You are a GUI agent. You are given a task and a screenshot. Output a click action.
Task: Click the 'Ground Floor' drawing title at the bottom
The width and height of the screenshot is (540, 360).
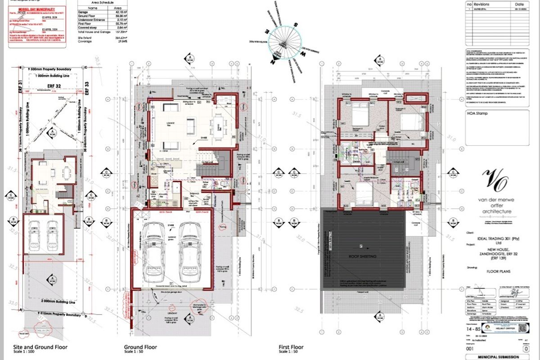pyautogui.click(x=140, y=347)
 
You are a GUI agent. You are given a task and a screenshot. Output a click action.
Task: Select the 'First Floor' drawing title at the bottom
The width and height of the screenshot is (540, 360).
pyautogui.click(x=291, y=347)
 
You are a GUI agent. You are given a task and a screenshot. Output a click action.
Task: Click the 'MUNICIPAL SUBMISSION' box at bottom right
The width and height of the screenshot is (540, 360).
pyautogui.click(x=496, y=356)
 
